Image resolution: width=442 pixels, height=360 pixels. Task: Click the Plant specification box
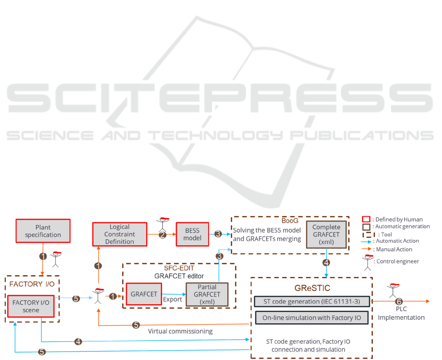coord(43,231)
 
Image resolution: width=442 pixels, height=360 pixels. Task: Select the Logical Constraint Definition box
coord(120,234)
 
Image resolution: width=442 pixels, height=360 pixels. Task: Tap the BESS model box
coord(192,234)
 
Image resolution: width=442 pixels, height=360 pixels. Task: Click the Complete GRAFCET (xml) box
coord(326,235)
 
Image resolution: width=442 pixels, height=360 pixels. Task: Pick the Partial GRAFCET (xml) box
coord(207,294)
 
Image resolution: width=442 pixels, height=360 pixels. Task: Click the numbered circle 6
coord(398,301)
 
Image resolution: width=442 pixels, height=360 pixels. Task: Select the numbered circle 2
coord(162,234)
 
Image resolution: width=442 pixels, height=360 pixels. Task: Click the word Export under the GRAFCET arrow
coord(172,299)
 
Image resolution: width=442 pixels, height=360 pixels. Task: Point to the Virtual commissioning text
coord(180,331)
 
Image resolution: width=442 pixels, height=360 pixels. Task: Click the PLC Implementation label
coord(401,313)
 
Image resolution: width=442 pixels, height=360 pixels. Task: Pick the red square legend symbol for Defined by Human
coord(365,219)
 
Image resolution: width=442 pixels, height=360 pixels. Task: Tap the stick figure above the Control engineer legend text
coord(368,262)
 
